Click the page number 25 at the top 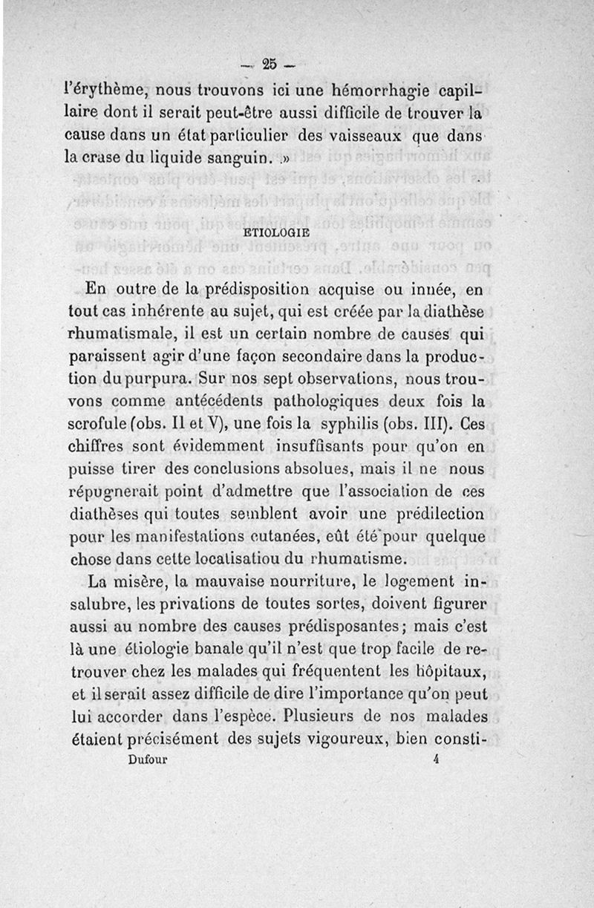[x=269, y=62]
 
